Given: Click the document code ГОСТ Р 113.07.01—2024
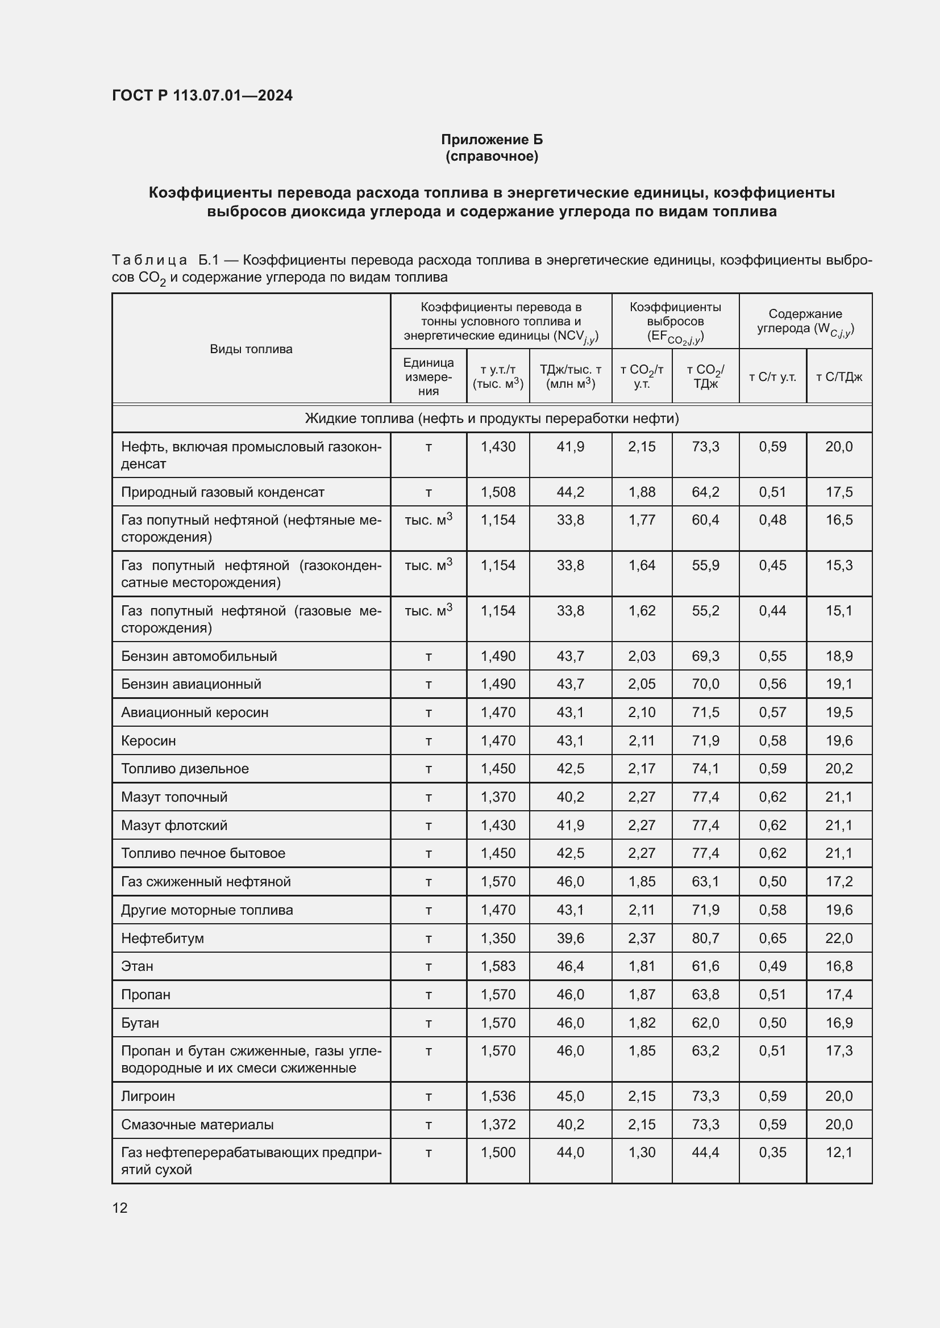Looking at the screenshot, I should tap(202, 95).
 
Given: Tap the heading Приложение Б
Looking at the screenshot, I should tap(492, 140).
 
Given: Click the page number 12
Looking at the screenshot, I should tap(120, 1208).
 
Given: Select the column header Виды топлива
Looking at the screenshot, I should tap(251, 349).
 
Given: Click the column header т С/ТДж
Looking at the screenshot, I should tap(839, 377).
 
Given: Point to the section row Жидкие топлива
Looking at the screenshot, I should tap(492, 418).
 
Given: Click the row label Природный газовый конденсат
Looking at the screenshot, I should tap(222, 492).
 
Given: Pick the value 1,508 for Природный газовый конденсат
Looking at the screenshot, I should tap(498, 492).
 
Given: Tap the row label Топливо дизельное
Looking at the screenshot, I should tap(185, 769).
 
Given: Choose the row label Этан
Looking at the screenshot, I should tap(137, 966).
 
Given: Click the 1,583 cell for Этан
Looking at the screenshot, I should tap(498, 966).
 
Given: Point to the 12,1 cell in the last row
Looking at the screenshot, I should tap(839, 1153).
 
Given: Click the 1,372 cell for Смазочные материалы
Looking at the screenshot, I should tap(498, 1124).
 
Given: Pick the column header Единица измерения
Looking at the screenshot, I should tap(429, 376).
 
